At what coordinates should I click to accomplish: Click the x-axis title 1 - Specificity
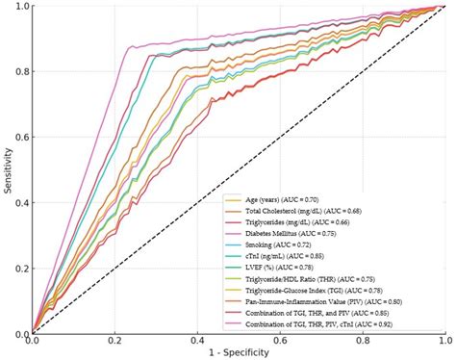coord(238,353)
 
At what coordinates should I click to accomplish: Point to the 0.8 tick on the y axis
coord(21,73)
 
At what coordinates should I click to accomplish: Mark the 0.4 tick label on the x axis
coord(197,341)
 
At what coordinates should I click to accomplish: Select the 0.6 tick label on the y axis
coord(21,139)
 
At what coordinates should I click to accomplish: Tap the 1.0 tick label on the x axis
coord(443,341)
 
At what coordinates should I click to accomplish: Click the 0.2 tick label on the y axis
coord(21,269)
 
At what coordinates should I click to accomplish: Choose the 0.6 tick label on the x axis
coord(279,341)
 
